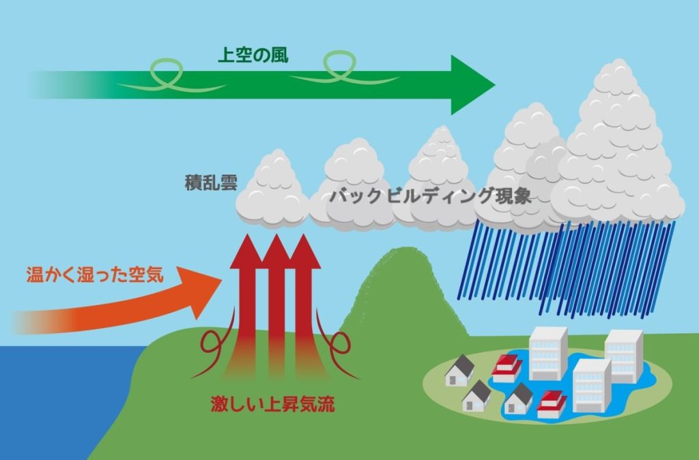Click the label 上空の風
click(252, 55)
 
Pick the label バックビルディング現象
click(430, 196)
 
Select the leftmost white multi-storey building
click(547, 353)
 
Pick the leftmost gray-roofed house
click(459, 371)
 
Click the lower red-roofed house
click(552, 404)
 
